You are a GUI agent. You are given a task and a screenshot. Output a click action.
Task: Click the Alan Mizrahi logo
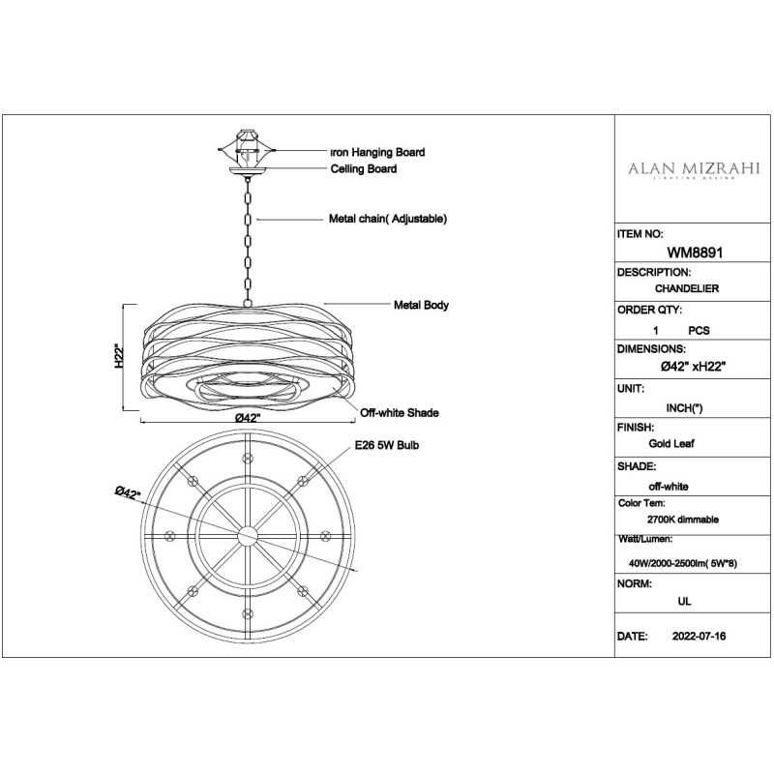pyautogui.click(x=694, y=170)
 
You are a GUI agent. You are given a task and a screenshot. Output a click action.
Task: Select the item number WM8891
pyautogui.click(x=695, y=253)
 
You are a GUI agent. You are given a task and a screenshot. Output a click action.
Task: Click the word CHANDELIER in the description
pyautogui.click(x=687, y=288)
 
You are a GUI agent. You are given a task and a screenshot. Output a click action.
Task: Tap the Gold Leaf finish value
pyautogui.click(x=671, y=443)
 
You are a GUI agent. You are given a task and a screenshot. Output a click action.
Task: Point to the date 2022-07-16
pyautogui.click(x=699, y=636)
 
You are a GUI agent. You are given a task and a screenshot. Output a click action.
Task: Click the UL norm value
pyautogui.click(x=685, y=601)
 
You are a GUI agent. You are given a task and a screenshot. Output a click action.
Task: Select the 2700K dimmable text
pyautogui.click(x=683, y=520)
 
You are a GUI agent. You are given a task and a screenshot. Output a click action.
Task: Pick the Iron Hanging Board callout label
pyautogui.click(x=377, y=152)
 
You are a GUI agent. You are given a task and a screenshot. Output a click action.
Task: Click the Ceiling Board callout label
pyautogui.click(x=364, y=168)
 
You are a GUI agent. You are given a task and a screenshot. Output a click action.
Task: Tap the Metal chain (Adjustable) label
pyautogui.click(x=388, y=219)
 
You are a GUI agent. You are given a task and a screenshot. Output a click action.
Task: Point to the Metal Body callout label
pyautogui.click(x=421, y=305)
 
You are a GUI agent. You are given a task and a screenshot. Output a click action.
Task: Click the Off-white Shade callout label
pyautogui.click(x=400, y=413)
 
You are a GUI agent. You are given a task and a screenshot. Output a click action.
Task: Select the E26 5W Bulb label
pyautogui.click(x=387, y=445)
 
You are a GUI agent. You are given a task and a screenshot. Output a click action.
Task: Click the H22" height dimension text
pyautogui.click(x=119, y=356)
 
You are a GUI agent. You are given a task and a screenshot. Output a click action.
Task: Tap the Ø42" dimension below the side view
pyautogui.click(x=248, y=418)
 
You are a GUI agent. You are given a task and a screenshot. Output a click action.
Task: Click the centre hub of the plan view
pyautogui.click(x=248, y=537)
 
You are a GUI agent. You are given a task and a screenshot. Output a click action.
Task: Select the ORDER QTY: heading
pyautogui.click(x=649, y=310)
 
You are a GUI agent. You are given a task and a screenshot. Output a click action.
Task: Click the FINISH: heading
pyautogui.click(x=636, y=427)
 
